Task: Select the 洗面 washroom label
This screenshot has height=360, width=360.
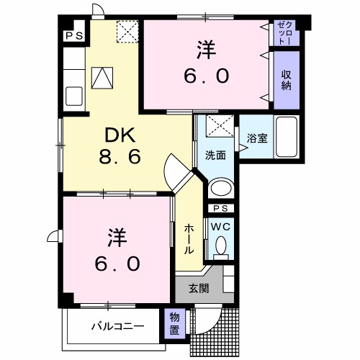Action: click(x=215, y=154)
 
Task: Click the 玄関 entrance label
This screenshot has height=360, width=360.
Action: click(x=199, y=289)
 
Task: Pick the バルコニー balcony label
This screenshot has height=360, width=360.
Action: click(x=117, y=326)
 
